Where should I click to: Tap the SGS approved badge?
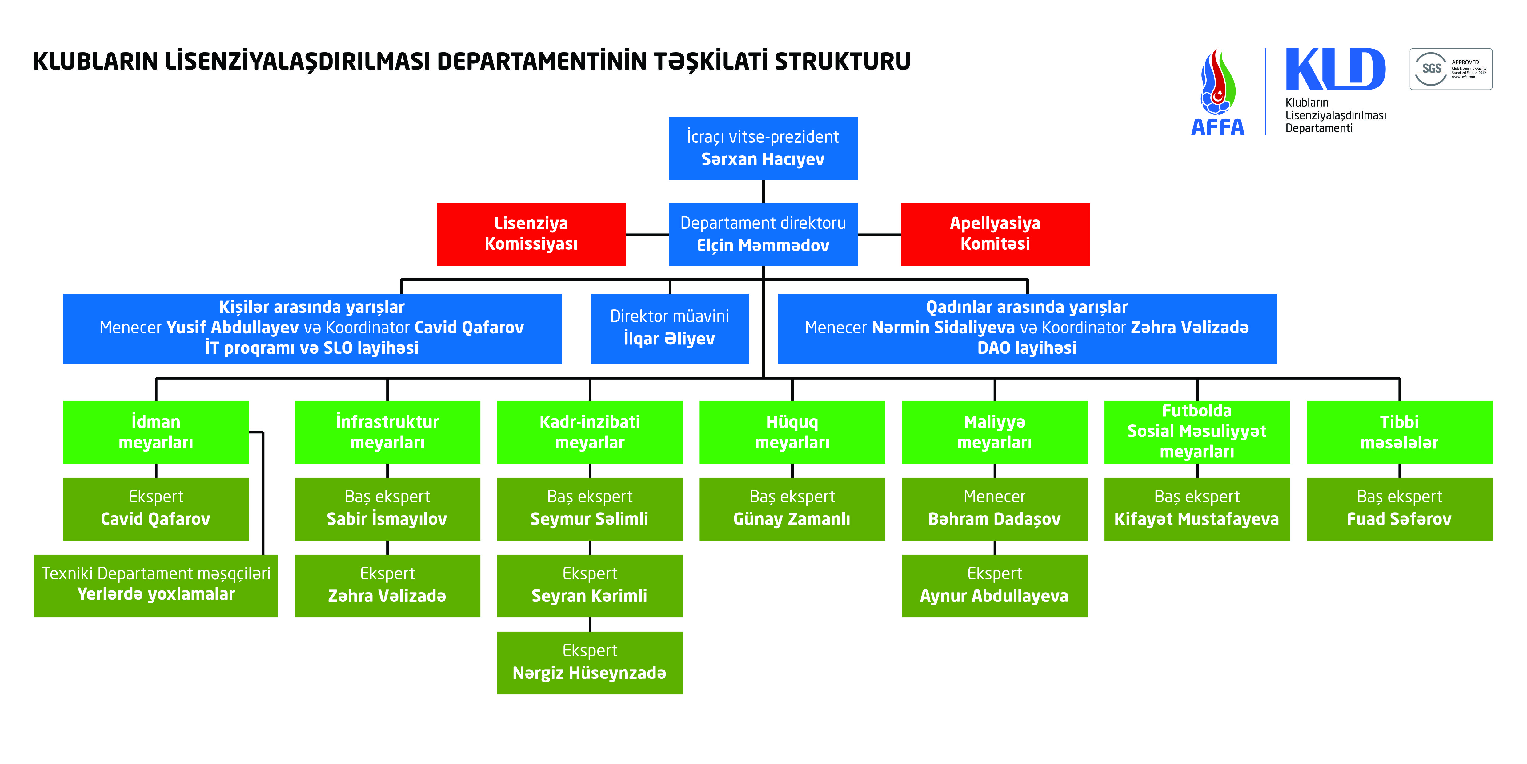tap(1451, 69)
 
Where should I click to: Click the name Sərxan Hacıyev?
tap(763, 159)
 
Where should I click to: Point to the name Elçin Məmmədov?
tap(763, 245)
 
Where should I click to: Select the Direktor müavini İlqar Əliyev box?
tap(670, 328)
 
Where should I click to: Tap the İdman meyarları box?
tap(156, 432)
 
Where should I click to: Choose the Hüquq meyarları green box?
tap(792, 432)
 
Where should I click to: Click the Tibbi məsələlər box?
tap(1400, 432)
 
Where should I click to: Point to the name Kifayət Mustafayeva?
tap(1197, 519)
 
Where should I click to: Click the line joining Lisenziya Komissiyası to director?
tap(647, 235)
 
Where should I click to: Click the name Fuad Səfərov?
tap(1399, 519)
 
